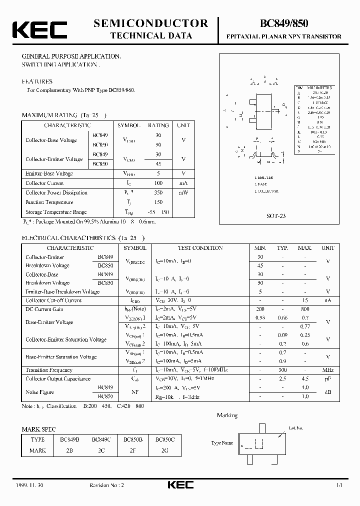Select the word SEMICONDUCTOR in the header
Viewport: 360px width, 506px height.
[x=150, y=23]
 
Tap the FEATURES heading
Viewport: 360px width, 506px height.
[x=36, y=81]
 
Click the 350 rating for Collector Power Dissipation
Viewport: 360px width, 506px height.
[x=157, y=192]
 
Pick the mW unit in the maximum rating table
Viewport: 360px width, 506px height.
[x=183, y=192]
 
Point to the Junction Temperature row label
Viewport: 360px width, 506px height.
[x=49, y=202]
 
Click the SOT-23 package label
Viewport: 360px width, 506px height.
[x=275, y=216]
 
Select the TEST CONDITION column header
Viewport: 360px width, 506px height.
[x=200, y=248]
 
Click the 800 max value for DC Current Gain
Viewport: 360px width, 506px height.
[x=304, y=309]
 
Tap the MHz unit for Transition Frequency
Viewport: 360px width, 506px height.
[x=327, y=370]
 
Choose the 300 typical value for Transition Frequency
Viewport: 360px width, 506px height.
[x=282, y=370]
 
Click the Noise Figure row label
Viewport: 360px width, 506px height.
[x=40, y=392]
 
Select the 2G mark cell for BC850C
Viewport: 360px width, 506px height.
[x=165, y=450]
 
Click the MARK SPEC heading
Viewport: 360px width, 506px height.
[x=39, y=429]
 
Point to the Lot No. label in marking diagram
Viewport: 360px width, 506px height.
[x=296, y=428]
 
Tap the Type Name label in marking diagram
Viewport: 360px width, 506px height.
[x=222, y=443]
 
